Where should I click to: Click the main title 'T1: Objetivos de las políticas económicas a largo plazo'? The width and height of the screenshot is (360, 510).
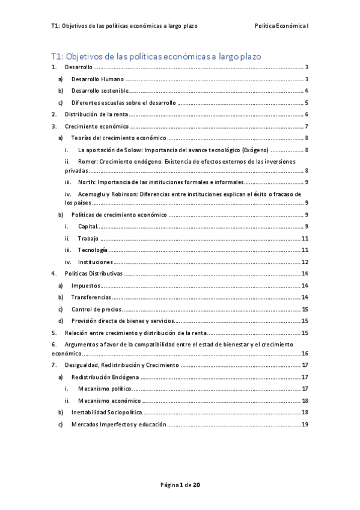[x=156, y=56]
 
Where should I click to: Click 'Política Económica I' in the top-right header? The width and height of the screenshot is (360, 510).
[x=282, y=26]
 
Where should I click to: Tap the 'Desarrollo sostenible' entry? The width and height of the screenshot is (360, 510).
[x=99, y=90]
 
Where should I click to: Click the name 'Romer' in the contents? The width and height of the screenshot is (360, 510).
[x=90, y=161]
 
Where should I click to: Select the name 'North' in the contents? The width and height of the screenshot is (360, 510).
[x=88, y=182]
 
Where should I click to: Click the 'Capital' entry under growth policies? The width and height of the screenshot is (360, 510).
[x=87, y=227]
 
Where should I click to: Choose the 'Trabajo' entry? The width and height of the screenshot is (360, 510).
[x=88, y=238]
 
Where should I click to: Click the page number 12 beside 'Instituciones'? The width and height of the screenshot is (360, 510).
[x=305, y=262]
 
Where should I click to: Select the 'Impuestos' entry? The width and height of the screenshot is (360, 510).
[x=85, y=285]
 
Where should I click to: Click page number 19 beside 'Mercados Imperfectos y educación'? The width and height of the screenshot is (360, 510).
[x=305, y=424]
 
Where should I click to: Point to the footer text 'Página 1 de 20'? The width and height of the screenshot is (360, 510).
[x=180, y=484]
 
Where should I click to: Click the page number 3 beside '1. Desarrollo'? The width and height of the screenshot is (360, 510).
[x=307, y=67]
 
